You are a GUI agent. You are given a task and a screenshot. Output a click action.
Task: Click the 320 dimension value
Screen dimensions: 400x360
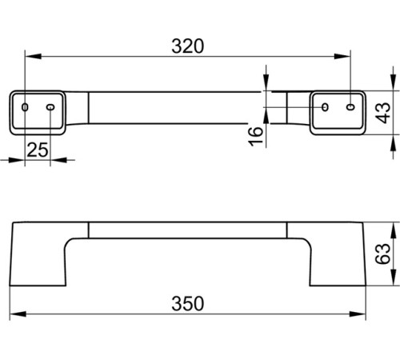[x=188, y=46]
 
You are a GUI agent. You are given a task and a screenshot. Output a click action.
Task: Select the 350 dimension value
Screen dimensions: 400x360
[x=188, y=303]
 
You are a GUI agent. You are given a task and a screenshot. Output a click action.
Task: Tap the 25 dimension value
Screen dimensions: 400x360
[x=38, y=150]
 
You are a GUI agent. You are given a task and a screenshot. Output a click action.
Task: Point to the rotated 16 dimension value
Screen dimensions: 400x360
[x=256, y=136]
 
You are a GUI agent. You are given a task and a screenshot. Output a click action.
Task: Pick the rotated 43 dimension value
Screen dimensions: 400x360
[x=384, y=113]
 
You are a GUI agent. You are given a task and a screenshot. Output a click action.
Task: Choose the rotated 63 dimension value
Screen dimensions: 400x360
[x=382, y=254]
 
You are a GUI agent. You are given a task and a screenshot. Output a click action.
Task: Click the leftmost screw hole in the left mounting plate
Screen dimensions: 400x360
[x=25, y=107]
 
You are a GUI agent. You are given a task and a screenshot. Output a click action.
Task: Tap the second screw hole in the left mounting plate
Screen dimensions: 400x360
[x=50, y=107]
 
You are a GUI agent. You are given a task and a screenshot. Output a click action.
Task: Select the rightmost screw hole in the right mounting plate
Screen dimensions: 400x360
[x=350, y=107]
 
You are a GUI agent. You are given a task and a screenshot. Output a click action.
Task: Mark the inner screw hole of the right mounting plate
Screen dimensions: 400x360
[x=325, y=107]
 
